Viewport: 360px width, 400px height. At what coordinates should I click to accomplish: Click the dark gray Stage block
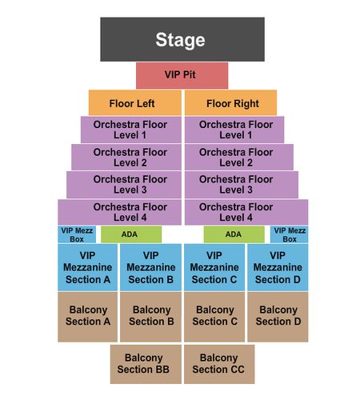182,39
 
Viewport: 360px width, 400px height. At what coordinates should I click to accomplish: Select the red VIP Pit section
182,75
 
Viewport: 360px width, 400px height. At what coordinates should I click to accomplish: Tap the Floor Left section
135,102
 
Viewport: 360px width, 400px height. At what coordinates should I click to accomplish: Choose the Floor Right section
230,102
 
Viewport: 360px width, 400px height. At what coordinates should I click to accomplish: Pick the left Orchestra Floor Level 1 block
131,130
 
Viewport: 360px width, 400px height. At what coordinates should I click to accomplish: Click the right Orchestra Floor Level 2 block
239,157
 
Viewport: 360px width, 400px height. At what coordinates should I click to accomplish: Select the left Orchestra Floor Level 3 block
124,185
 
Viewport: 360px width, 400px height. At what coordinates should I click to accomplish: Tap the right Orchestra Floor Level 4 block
246,212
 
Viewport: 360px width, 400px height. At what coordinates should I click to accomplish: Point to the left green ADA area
131,234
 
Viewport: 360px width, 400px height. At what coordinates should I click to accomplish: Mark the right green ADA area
234,234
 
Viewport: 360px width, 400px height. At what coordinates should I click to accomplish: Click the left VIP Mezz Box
77,234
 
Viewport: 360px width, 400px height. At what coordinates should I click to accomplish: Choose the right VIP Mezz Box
290,234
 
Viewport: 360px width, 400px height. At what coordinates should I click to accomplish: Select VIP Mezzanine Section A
87,267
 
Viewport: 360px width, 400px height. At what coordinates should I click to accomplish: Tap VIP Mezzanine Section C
214,267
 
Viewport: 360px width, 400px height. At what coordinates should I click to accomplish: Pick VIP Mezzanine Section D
278,267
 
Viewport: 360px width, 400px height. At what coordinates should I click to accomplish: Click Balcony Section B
150,317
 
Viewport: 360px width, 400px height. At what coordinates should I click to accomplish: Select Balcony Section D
278,317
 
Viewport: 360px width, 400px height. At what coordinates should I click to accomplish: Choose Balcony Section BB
146,364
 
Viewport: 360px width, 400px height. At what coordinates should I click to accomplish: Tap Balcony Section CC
219,364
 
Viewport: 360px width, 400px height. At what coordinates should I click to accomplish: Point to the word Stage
181,40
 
